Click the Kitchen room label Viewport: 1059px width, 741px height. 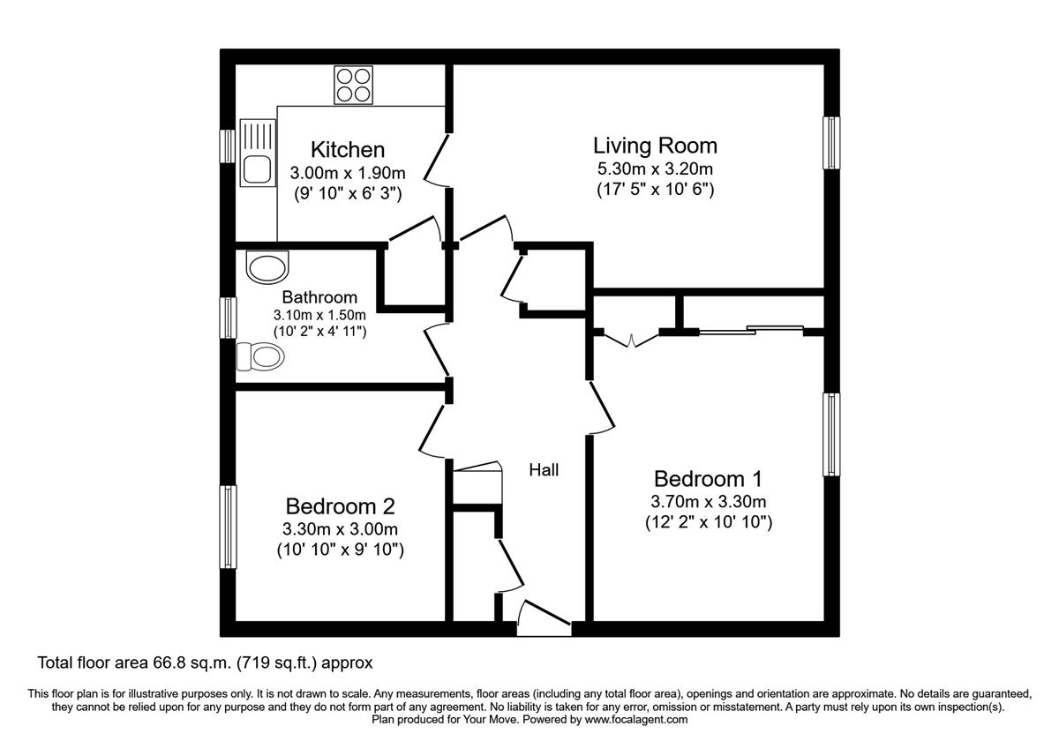click(347, 150)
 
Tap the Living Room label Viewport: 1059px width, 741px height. click(655, 146)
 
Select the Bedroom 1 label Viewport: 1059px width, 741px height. click(708, 479)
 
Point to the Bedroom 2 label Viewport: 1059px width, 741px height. click(340, 506)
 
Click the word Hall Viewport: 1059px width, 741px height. click(544, 470)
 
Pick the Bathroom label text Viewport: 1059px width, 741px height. click(319, 297)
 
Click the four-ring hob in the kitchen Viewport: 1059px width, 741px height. click(352, 86)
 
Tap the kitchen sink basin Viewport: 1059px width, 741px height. click(257, 168)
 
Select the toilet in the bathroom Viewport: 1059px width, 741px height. click(259, 356)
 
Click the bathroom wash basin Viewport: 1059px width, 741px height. click(267, 266)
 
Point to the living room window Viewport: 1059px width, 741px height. click(831, 142)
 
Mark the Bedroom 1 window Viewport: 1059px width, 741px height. click(831, 434)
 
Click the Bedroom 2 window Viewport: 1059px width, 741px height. click(228, 527)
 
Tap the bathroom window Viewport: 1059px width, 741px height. click(228, 318)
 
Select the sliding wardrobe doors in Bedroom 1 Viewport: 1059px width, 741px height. click(750, 332)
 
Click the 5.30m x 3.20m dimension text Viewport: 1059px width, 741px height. click(655, 169)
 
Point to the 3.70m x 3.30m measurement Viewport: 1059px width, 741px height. click(708, 502)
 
